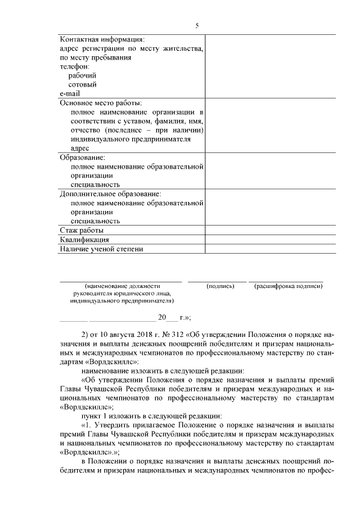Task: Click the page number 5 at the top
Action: click(197, 25)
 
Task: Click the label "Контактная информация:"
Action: click(102, 39)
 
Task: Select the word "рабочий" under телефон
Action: click(82, 75)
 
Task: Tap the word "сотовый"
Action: click(83, 84)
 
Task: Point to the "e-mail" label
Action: click(70, 93)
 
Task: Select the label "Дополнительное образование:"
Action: click(110, 194)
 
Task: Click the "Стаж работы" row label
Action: click(81, 230)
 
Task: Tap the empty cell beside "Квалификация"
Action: click(270, 239)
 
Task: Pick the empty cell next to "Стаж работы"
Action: click(270, 230)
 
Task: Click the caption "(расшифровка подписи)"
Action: click(288, 286)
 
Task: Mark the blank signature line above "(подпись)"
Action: click(217, 280)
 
